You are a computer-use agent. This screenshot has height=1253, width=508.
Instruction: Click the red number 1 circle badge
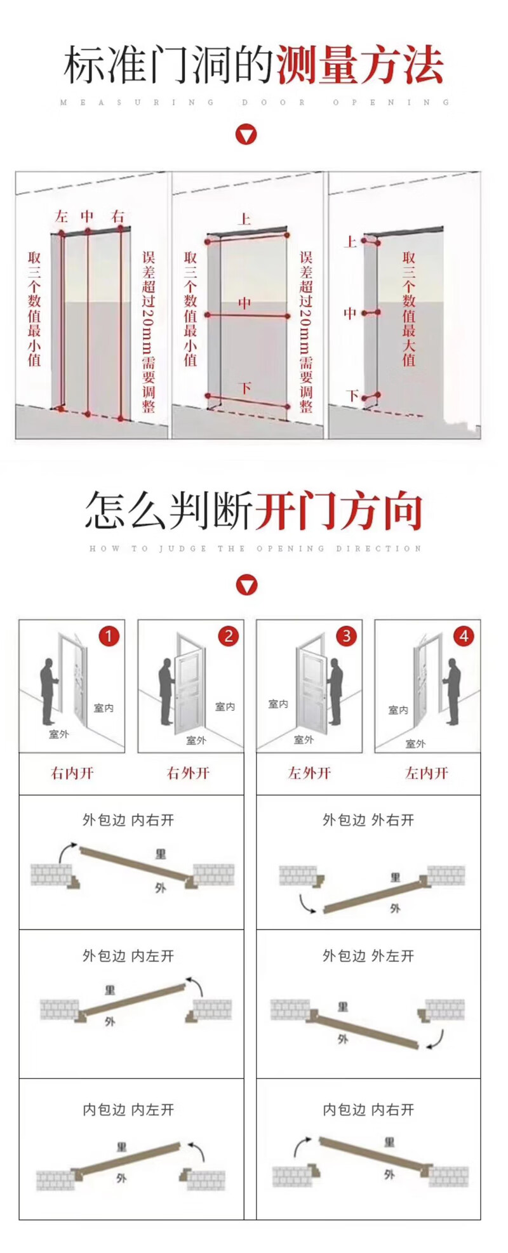click(109, 636)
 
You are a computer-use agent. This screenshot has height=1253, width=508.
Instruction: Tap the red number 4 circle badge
click(464, 636)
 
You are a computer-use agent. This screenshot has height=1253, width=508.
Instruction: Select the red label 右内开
click(72, 773)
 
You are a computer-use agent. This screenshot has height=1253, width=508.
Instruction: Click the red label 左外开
click(309, 773)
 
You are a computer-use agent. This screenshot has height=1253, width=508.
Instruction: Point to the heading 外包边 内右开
click(128, 820)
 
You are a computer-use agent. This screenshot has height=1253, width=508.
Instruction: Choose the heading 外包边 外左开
click(368, 956)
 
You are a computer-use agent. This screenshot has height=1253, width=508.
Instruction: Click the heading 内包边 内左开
click(128, 1110)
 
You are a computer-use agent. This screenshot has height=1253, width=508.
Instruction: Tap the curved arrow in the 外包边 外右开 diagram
click(307, 904)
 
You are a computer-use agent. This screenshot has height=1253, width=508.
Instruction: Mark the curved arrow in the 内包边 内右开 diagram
click(302, 1146)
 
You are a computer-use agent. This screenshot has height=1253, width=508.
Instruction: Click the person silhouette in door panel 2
click(166, 692)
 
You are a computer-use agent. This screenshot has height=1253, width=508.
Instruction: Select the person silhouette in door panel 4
click(453, 692)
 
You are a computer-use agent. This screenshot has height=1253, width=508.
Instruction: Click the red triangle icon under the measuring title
click(246, 135)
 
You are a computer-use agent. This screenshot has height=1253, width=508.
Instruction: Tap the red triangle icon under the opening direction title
click(246, 585)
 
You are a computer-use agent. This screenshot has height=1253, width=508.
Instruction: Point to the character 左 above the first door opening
click(61, 216)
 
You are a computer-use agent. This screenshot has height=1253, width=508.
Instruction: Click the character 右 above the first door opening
click(118, 216)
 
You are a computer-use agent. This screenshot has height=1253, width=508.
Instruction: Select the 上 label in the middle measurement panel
click(244, 220)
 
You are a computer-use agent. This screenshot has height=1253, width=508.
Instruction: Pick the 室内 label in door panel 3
click(278, 704)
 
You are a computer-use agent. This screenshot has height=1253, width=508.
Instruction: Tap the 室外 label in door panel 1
click(58, 734)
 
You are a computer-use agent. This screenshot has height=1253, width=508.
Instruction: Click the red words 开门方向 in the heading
click(339, 512)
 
